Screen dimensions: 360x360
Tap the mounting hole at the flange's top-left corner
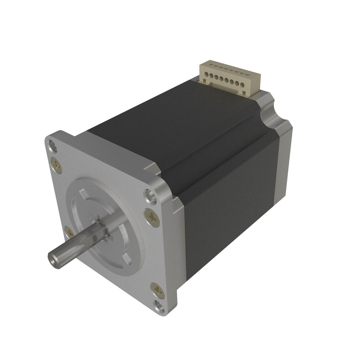(52, 145)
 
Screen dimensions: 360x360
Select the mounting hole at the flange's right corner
(150, 195)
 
